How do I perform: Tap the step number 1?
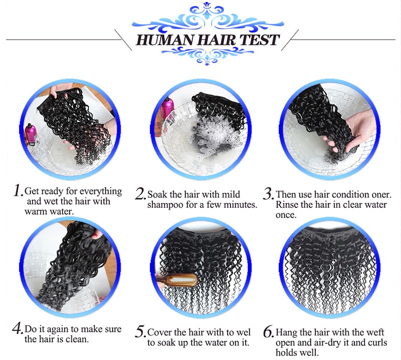19,190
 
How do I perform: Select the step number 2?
140,194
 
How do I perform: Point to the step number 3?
268,194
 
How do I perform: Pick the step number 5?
140,331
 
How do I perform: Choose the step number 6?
269,332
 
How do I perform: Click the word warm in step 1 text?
35,212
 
